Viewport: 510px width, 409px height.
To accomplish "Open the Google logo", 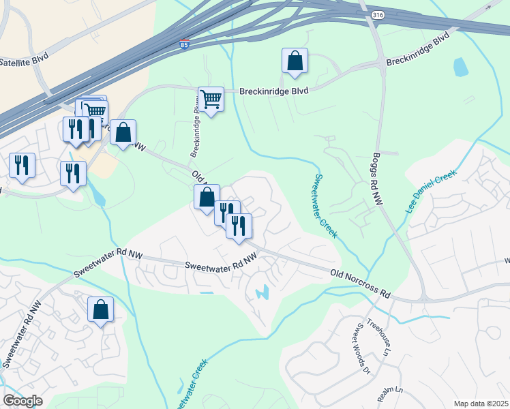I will (x=22, y=401).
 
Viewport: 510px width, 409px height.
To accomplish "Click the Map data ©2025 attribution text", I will (x=481, y=404).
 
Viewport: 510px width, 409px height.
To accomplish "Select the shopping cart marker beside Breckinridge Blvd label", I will (x=211, y=100).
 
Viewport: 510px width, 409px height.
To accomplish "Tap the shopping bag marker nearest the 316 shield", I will (x=295, y=61).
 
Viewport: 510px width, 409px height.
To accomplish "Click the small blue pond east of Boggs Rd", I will (x=461, y=67).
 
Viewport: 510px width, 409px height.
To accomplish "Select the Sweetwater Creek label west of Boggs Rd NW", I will (x=325, y=205).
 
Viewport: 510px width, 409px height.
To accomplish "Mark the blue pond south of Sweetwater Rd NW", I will (x=262, y=294).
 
